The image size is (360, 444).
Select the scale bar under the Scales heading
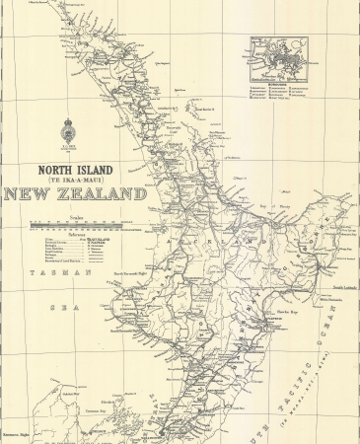click(x=85, y=224)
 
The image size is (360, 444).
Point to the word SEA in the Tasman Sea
click(x=42, y=306)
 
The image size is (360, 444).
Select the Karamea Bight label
click(x=14, y=432)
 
